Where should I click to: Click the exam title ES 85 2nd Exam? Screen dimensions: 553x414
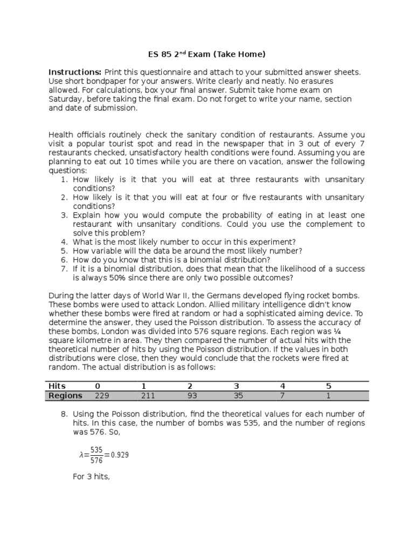[x=206, y=54]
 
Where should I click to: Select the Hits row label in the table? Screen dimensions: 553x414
[x=57, y=386]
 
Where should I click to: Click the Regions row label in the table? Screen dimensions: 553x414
[x=65, y=395]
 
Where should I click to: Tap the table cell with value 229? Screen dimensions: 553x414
[x=102, y=395]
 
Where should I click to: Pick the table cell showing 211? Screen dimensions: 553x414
[x=148, y=395]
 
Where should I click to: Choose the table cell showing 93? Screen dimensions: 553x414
[x=192, y=395]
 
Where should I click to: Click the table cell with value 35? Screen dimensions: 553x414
[x=238, y=395]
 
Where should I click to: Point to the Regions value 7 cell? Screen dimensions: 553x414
[x=282, y=395]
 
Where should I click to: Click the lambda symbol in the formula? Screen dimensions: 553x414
[x=81, y=455]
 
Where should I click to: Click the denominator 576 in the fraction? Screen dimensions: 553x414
[x=96, y=460]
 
